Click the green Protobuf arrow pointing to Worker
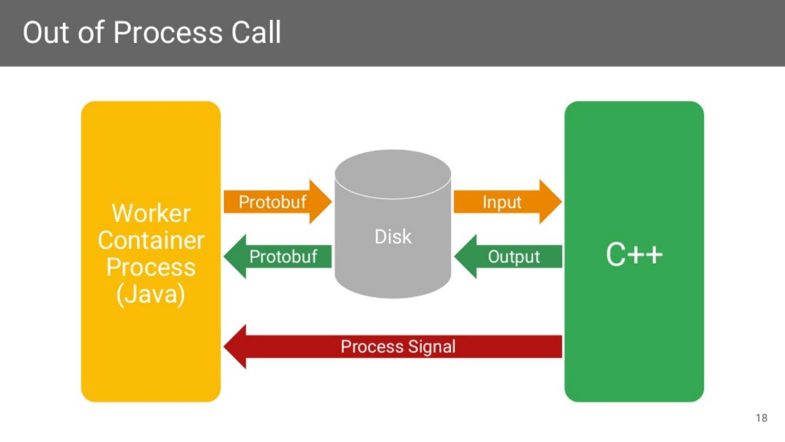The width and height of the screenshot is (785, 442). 278,256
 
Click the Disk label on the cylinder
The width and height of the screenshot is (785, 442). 393,236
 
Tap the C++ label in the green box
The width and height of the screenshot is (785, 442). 634,255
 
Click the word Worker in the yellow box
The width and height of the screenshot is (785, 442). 151,213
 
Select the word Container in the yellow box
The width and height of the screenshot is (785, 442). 151,240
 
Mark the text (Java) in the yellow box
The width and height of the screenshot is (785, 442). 151,295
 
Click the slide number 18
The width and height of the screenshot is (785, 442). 762,419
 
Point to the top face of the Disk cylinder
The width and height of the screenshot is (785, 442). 393,174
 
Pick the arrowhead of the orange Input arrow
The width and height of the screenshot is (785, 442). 551,202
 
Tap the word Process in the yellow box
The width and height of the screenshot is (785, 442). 151,267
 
